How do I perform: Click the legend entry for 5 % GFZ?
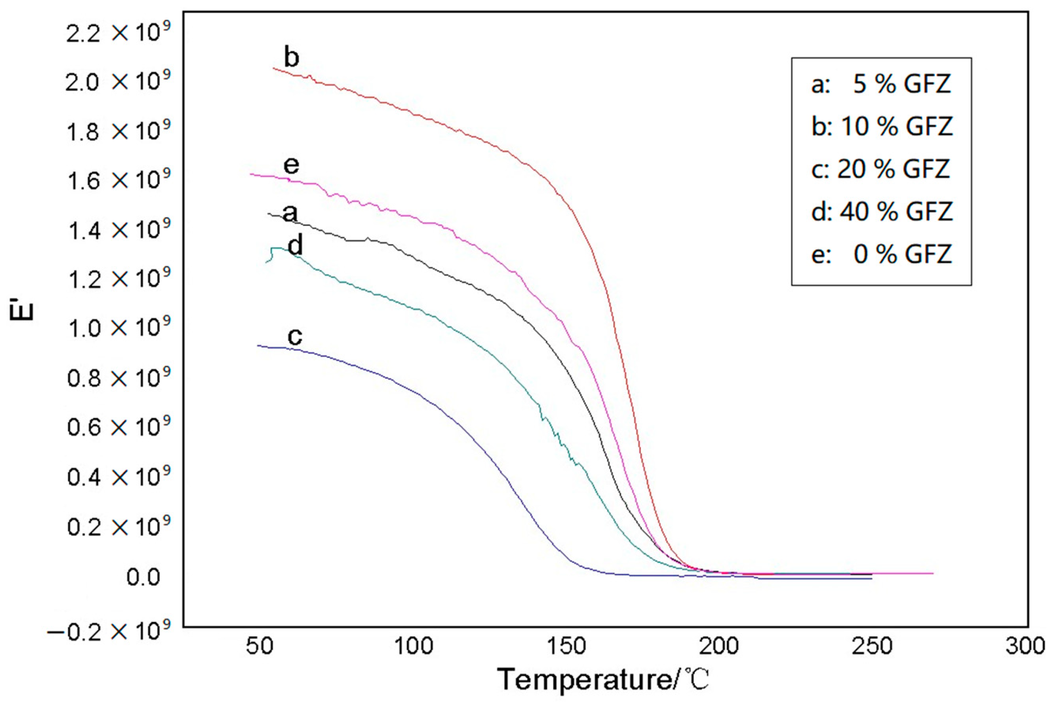coord(881,84)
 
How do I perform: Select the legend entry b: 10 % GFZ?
coord(882,126)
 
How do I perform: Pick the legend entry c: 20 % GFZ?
coord(881,169)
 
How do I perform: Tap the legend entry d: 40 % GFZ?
coord(882,211)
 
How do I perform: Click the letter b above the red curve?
coord(292,58)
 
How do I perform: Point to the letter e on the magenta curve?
coord(291,165)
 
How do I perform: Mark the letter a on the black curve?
coord(290,213)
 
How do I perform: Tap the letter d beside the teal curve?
coord(295,246)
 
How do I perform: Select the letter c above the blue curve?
coord(295,336)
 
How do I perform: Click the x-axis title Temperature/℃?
coord(604,679)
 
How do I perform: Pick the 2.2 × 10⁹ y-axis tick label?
coord(118,34)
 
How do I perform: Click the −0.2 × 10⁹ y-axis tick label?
coord(109,632)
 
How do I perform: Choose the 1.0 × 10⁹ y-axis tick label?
coord(118,328)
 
